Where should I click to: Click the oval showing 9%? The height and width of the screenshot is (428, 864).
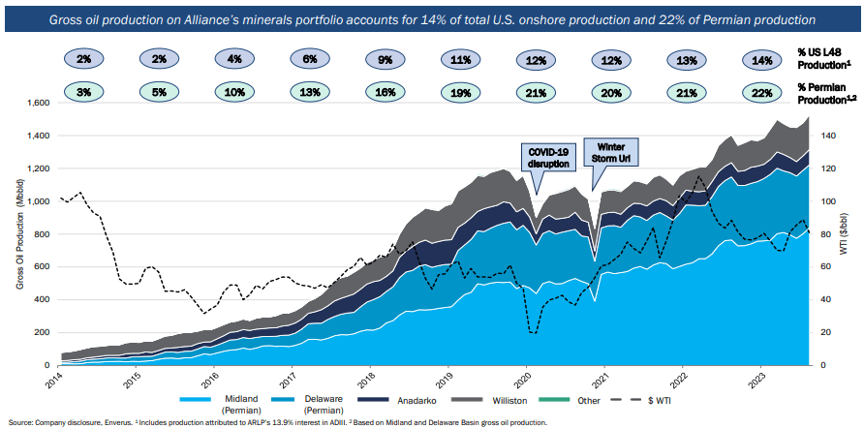coord(386,60)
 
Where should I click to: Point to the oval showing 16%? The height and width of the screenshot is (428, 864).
coord(386,93)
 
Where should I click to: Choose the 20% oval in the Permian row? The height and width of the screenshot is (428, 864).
coord(612,93)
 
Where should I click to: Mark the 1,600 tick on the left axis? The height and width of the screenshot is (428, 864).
coord(36,103)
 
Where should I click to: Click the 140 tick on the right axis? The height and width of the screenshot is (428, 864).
coord(829,137)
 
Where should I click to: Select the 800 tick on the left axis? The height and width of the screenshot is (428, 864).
coord(40,234)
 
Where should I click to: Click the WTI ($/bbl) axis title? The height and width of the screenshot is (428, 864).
coord(855,234)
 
